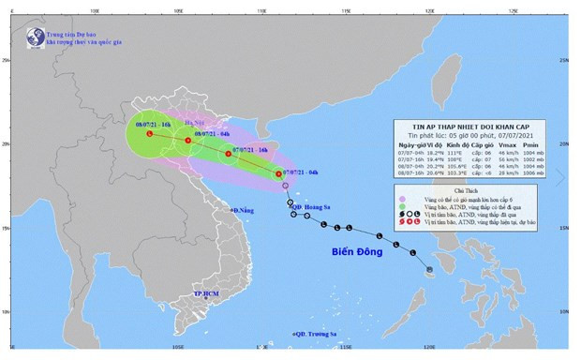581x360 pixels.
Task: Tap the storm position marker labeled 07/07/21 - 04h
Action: [x=279, y=174]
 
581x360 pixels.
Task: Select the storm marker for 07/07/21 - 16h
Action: [x=228, y=154]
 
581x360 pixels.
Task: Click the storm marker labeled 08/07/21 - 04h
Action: [x=188, y=141]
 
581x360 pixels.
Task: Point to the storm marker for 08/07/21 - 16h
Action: [x=150, y=134]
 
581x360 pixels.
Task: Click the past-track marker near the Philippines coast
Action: [x=429, y=270]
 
